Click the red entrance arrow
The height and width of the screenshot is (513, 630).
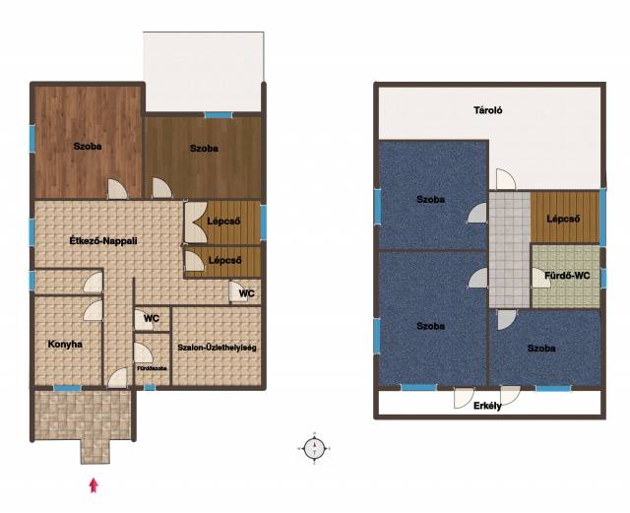click(94, 484)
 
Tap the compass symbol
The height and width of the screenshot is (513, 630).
click(314, 448)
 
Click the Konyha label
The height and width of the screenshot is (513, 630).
click(65, 345)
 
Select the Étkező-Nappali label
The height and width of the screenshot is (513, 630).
click(103, 241)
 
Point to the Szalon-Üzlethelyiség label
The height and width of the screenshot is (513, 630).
click(217, 348)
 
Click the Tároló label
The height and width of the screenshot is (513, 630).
click(488, 110)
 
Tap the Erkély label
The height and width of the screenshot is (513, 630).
click(487, 406)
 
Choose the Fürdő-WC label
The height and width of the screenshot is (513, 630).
click(567, 276)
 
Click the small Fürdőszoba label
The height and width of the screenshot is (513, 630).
click(153, 368)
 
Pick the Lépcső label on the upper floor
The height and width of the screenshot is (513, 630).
click(563, 220)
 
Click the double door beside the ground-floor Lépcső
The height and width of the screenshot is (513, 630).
click(196, 223)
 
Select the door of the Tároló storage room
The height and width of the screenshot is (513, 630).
click(506, 179)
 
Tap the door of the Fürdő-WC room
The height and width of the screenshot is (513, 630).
click(541, 278)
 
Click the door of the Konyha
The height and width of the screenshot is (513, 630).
click(93, 310)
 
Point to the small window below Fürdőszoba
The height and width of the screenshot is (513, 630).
click(150, 388)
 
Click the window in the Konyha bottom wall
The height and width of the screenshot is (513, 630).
click(68, 388)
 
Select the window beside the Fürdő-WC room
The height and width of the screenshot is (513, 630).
click(603, 278)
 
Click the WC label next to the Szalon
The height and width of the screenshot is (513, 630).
click(152, 318)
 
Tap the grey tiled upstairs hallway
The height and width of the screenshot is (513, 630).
click(510, 249)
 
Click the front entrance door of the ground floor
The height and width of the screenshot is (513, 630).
click(118, 378)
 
